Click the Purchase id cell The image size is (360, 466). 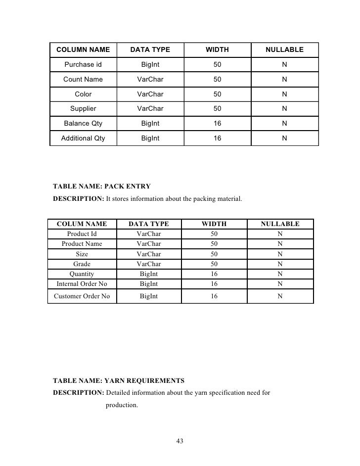83,65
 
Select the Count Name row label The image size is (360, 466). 83,80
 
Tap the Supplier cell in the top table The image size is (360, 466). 83,109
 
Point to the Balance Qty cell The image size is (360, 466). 83,124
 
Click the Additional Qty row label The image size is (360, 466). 83,139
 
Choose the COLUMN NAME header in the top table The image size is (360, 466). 83,50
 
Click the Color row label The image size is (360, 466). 83,94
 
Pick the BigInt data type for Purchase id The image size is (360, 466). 150,65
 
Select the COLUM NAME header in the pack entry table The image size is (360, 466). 82,224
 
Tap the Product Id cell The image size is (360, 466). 82,234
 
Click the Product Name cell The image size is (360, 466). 82,244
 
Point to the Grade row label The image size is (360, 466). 82,264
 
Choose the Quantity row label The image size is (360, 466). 82,274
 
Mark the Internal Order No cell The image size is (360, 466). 82,284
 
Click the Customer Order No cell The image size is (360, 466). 82,296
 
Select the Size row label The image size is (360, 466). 82,254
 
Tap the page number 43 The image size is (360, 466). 180,441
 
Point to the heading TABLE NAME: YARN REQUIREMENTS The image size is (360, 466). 118,381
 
